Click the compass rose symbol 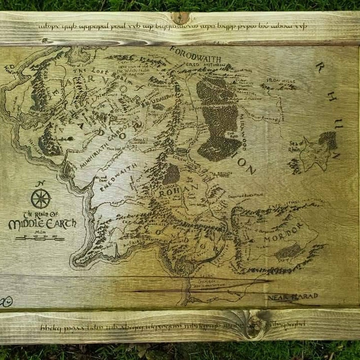(x=40, y=199)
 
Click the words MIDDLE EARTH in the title (x=42, y=224)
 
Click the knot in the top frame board (x=181, y=18)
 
